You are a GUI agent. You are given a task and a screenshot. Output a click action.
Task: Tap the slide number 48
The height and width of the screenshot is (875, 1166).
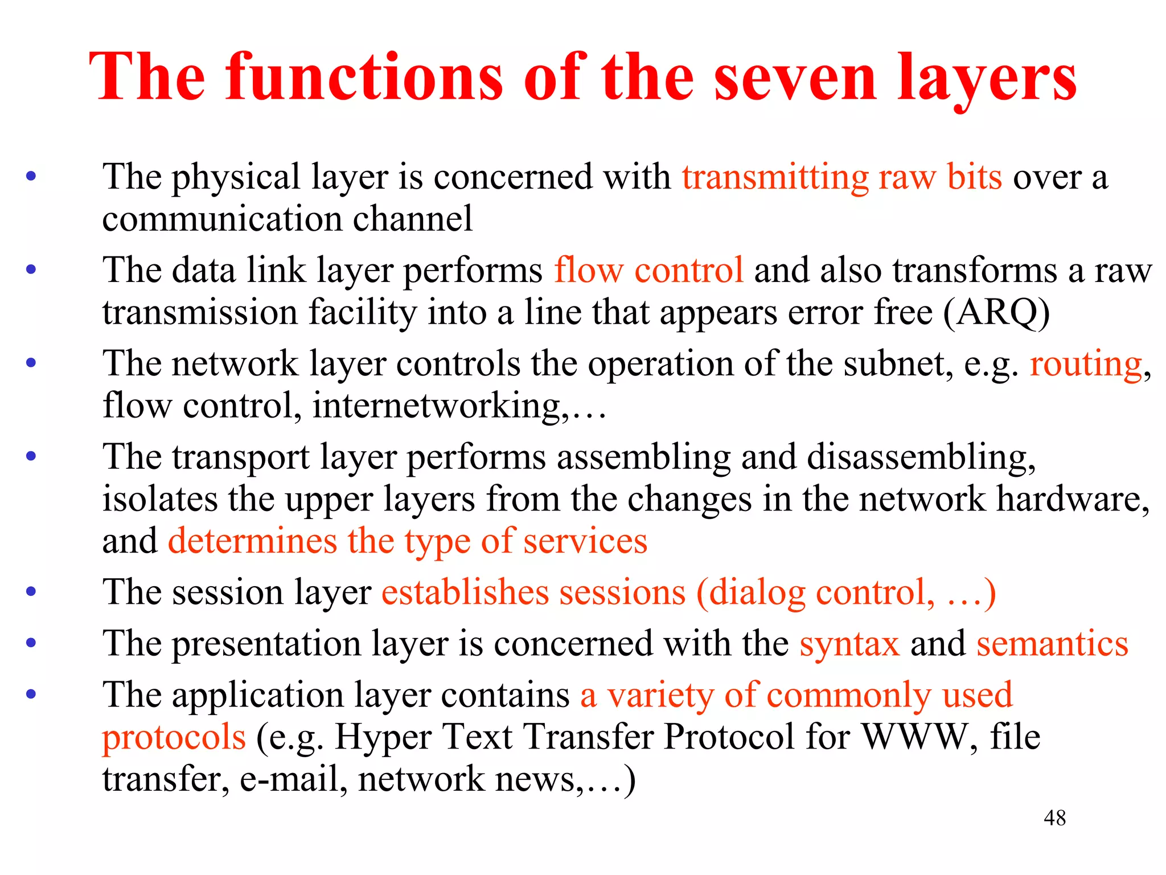pos(1054,818)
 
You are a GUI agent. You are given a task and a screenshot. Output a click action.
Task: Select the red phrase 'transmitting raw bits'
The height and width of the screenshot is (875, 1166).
pos(841,177)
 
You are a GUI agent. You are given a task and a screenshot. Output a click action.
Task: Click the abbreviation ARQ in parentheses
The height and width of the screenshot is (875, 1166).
pos(996,312)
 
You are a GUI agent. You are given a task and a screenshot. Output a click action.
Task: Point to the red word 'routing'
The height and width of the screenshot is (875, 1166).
pos(1085,363)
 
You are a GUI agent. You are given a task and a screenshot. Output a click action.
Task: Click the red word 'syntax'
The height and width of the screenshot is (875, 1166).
pos(849,644)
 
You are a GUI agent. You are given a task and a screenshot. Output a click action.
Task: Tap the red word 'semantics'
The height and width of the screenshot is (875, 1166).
pos(1052,644)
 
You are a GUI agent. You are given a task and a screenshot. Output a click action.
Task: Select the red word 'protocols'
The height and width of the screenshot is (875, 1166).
pos(174,737)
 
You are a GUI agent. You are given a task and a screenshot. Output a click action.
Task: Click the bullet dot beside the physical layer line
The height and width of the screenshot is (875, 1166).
pos(31,176)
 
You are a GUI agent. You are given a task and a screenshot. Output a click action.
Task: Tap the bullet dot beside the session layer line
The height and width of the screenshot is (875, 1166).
pos(31,591)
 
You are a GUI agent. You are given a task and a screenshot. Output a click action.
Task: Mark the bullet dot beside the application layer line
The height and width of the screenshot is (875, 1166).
pos(31,694)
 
